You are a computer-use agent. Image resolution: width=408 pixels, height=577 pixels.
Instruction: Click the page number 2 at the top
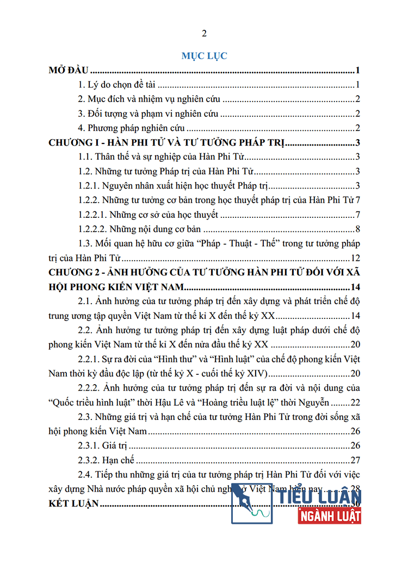(x=204, y=34)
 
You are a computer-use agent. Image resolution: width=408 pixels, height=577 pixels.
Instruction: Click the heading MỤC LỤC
(x=204, y=56)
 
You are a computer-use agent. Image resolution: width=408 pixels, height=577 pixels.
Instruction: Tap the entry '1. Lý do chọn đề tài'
(x=117, y=85)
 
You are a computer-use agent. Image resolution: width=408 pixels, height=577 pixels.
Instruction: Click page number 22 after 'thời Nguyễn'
(x=356, y=403)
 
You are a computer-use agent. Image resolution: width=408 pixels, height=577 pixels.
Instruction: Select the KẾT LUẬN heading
(x=73, y=504)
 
